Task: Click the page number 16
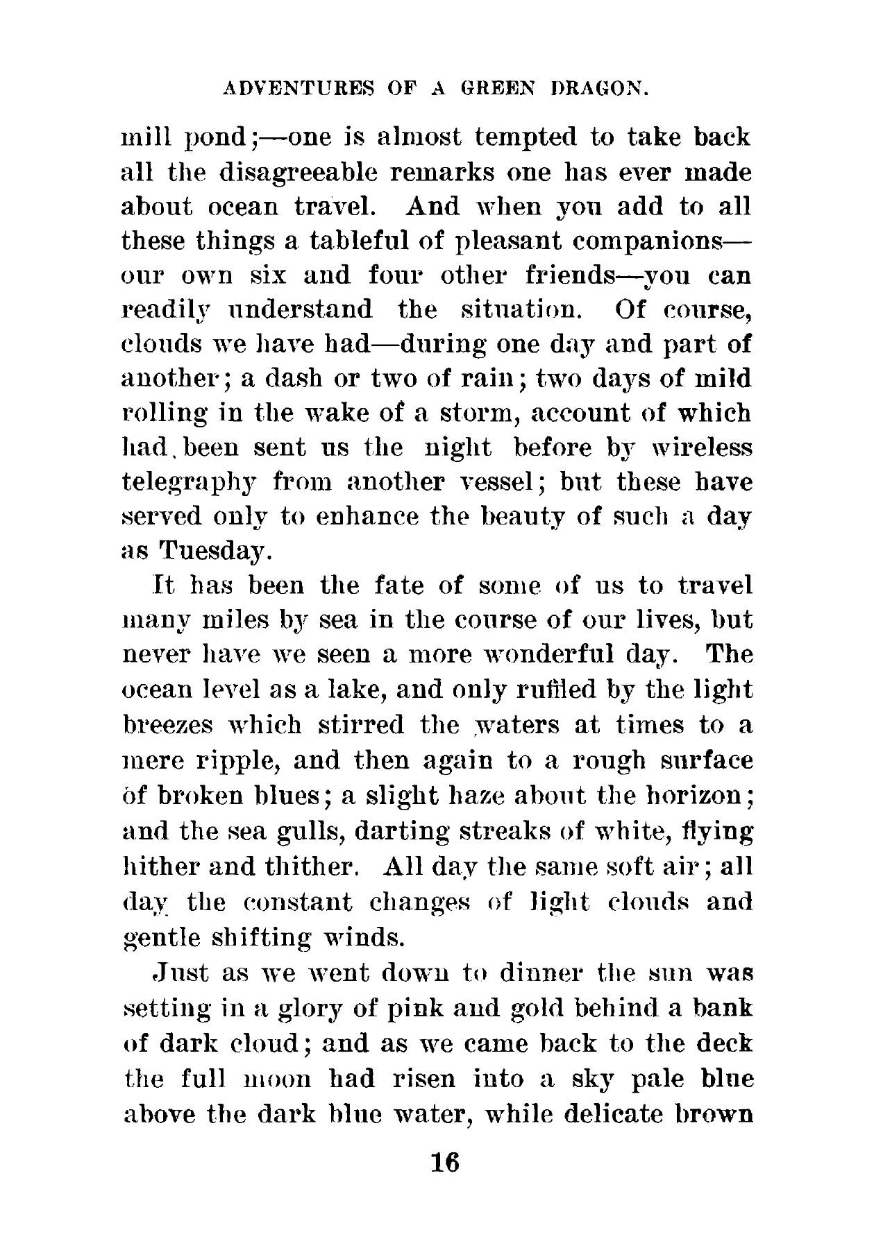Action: click(x=445, y=1161)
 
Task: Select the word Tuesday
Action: click(x=215, y=552)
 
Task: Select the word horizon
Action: click(x=692, y=795)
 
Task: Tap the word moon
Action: click(x=282, y=1079)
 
